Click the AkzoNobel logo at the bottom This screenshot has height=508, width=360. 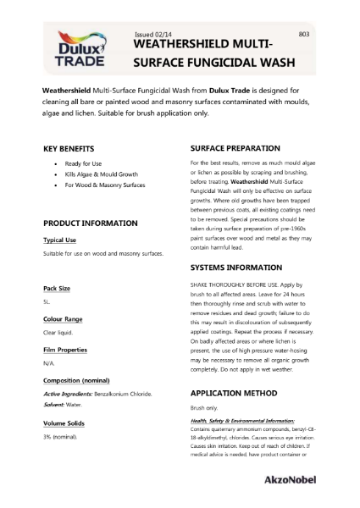[x=313, y=479]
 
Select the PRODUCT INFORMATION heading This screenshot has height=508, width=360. [x=91, y=223]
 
